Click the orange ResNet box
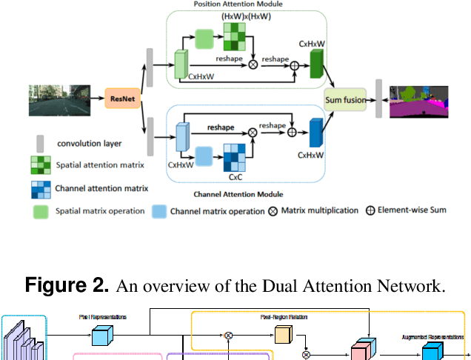tap(122, 97)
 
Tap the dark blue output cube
tap(316, 133)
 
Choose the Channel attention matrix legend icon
tap(41, 188)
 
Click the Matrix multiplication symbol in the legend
tap(274, 210)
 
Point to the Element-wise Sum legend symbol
tap(370, 210)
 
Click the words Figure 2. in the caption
tap(67, 285)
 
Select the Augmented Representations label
tap(427, 325)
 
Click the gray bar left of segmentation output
tap(378, 99)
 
